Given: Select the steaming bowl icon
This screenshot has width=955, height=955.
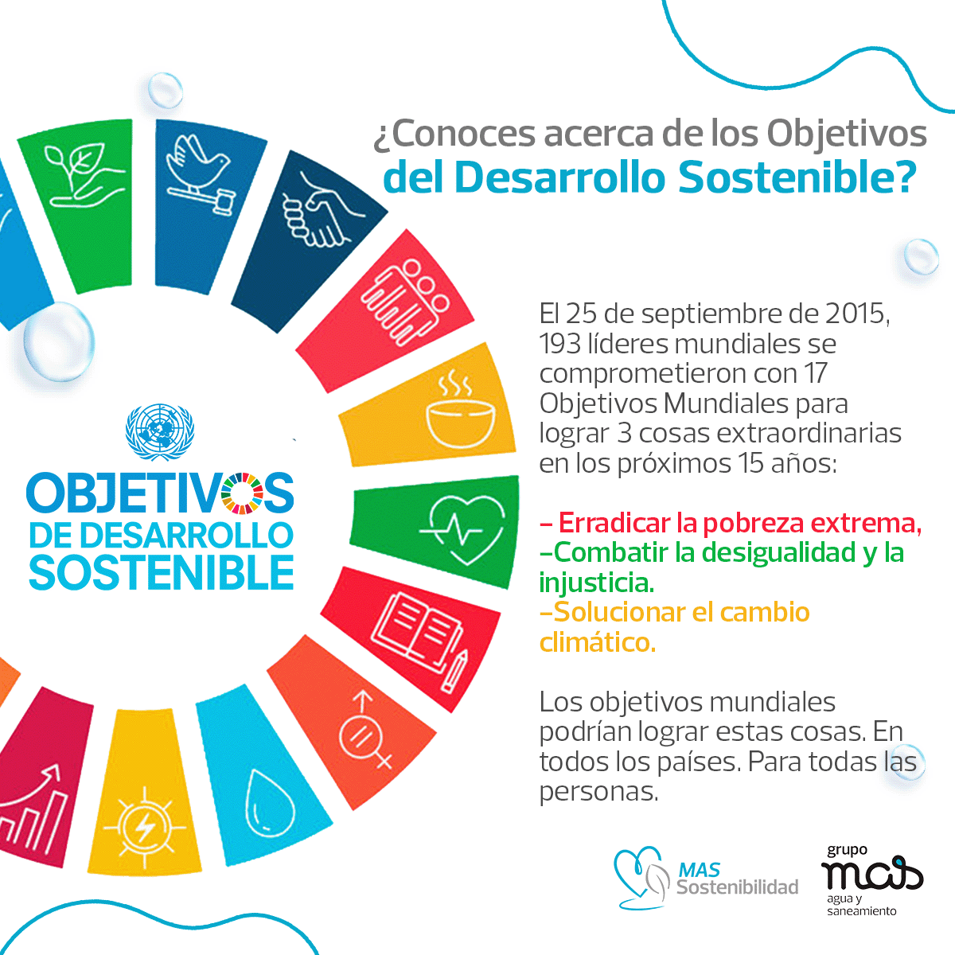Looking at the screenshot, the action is (460, 411).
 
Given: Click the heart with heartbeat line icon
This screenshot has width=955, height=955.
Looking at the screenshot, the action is (462, 532).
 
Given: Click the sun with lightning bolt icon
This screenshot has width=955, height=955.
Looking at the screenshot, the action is (145, 828).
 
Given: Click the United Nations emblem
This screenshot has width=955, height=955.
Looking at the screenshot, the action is (160, 432).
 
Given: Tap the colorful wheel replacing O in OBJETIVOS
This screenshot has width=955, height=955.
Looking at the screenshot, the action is (242, 493).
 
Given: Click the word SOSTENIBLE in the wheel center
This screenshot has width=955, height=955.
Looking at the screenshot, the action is (162, 572).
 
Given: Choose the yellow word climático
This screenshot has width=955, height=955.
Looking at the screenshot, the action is (598, 643).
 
